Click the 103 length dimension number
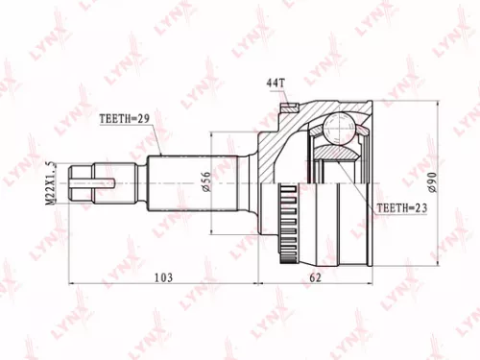click(x=165, y=277)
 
